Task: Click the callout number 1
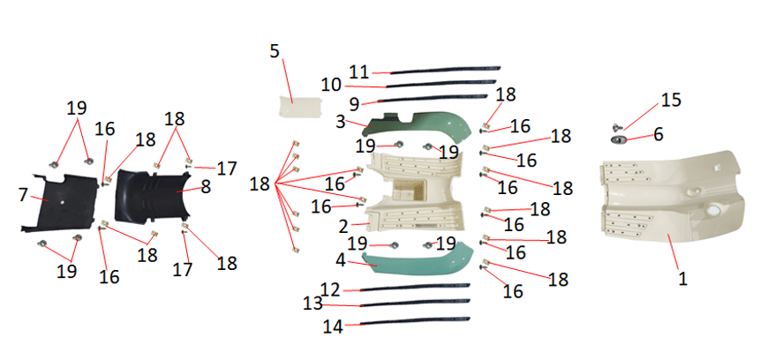(682, 278)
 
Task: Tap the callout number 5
(275, 51)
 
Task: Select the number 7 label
(23, 194)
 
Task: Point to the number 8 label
(205, 186)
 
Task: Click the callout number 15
(671, 100)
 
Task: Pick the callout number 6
(659, 134)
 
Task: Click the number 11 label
(359, 72)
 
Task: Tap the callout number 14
(333, 326)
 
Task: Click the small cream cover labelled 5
(300, 106)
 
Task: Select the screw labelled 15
(617, 128)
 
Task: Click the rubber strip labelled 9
(433, 99)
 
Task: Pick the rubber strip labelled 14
(417, 321)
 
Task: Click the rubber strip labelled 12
(416, 288)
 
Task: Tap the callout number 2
(343, 226)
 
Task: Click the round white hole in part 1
(713, 211)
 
